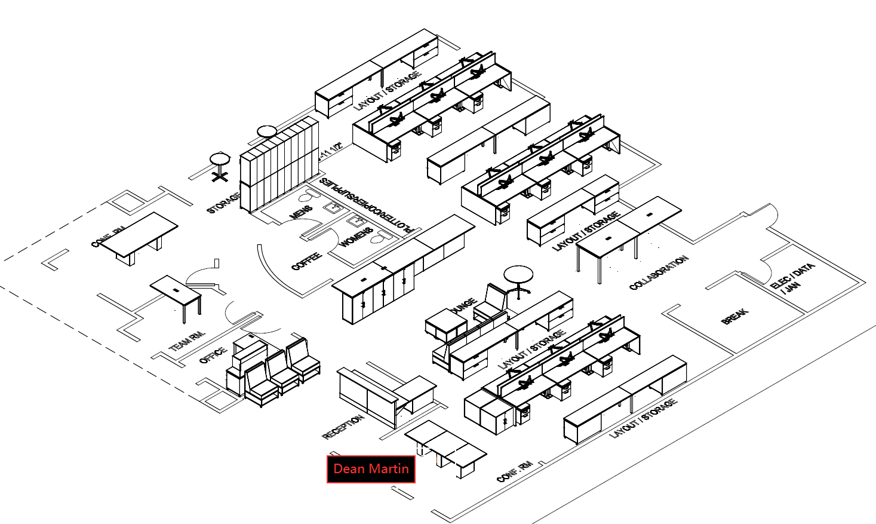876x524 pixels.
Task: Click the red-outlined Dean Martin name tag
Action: click(x=371, y=469)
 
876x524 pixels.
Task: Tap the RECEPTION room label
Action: click(x=343, y=427)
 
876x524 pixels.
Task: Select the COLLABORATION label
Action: click(x=659, y=272)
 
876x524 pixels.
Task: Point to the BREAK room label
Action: click(x=735, y=316)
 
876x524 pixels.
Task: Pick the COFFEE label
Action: click(x=306, y=261)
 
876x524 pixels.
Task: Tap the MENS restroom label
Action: click(x=301, y=213)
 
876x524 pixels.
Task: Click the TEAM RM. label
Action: click(x=187, y=341)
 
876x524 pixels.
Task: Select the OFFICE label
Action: click(x=213, y=355)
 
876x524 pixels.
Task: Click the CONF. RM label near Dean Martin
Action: click(x=515, y=472)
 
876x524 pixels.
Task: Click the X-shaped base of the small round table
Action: click(x=220, y=176)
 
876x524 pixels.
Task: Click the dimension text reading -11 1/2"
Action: click(x=331, y=151)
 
